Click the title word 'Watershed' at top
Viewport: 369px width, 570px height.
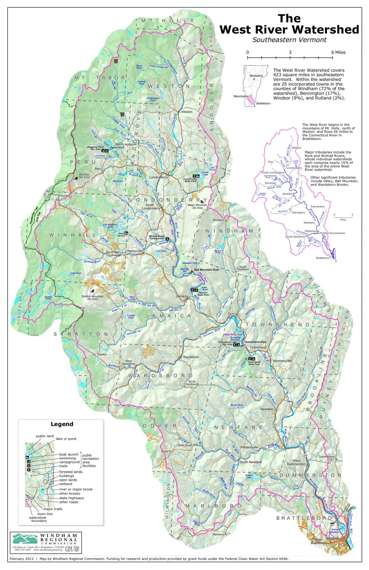[x=326, y=29]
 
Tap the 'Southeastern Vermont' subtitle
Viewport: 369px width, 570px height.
[x=289, y=40]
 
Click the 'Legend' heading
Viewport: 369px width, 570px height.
[x=62, y=424]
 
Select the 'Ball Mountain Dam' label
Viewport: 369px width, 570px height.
[x=206, y=270]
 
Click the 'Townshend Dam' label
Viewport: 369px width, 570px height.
[x=255, y=342]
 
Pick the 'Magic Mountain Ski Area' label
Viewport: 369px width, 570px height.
[x=197, y=206]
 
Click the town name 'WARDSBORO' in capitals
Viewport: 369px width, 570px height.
[x=161, y=376]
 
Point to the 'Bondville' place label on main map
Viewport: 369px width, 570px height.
[x=112, y=252]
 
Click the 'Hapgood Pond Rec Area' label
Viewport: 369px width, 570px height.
[x=94, y=148]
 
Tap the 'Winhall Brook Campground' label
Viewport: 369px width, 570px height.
[x=156, y=237]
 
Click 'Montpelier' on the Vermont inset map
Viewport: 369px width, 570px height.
[x=256, y=76]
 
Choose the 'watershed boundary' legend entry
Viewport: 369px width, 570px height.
[x=38, y=519]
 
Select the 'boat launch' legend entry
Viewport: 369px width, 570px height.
[x=69, y=454]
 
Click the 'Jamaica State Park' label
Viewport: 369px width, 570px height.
[x=203, y=294]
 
